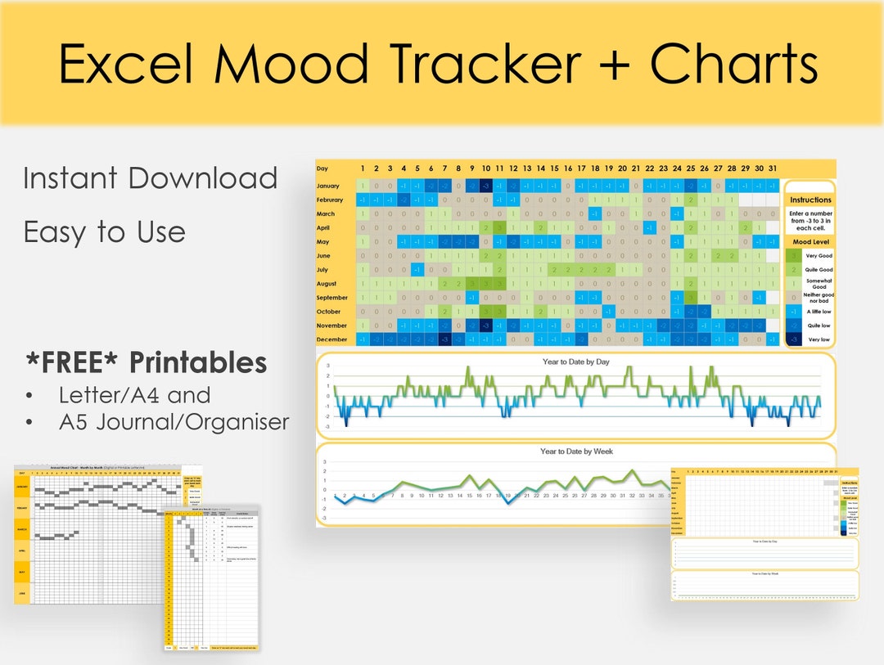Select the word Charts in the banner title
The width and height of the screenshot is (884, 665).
coord(735,64)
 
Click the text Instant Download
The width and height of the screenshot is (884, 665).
coord(151,178)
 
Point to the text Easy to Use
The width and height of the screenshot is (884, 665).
coord(104,232)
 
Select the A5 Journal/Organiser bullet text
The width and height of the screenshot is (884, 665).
coord(174,421)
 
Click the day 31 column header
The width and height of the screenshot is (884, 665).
coord(773,168)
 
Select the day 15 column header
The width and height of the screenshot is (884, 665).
coord(554,168)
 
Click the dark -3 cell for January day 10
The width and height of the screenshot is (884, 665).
coord(485,186)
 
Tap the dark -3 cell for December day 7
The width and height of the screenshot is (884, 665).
coord(444,339)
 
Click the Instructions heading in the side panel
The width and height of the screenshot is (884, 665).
coord(810,200)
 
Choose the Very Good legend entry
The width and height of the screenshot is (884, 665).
coord(819,256)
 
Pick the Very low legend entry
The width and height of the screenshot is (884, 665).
coord(819,339)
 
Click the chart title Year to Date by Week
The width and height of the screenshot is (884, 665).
coord(575,452)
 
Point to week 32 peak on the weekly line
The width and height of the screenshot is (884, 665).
coord(632,472)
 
